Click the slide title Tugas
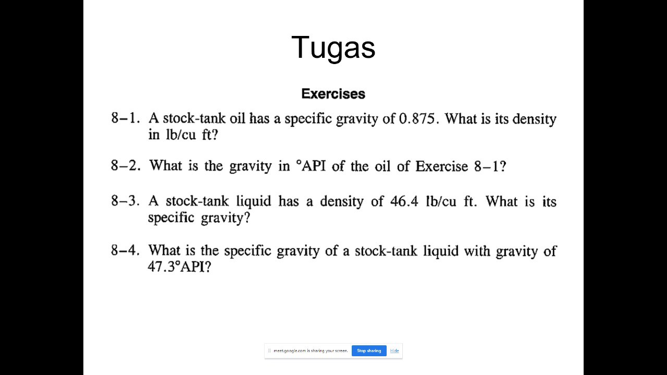(333, 47)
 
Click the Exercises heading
(333, 94)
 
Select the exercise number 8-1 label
(125, 118)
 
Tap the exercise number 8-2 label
(125, 166)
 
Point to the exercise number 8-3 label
(125, 201)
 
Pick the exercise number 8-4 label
(125, 251)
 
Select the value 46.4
(404, 201)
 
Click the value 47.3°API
(179, 267)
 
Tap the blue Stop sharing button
(369, 351)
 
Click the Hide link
(394, 351)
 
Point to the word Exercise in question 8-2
(442, 166)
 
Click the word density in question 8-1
(534, 119)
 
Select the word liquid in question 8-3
(254, 201)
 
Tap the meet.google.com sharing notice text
(311, 351)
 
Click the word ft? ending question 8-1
(208, 134)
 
